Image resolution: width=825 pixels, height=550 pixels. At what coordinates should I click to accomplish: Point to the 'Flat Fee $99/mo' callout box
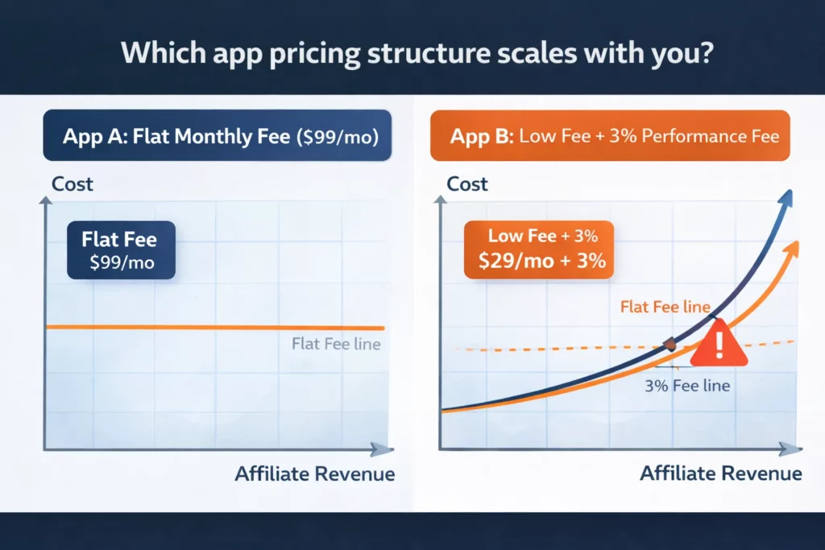pos(121,250)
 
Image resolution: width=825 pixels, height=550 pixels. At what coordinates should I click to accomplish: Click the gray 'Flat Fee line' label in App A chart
pos(335,345)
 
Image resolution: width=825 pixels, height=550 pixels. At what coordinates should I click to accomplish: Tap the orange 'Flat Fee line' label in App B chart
pos(665,307)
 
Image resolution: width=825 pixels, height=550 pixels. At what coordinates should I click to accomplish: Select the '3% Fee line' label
pos(687,385)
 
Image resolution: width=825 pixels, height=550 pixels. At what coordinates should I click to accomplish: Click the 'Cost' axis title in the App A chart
pos(73,184)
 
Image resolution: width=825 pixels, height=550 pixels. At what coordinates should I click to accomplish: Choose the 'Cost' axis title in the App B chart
pos(467,184)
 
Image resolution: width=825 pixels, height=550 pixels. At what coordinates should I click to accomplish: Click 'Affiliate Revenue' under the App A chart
pos(315,473)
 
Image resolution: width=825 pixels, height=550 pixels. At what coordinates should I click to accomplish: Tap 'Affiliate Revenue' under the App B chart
pos(721,473)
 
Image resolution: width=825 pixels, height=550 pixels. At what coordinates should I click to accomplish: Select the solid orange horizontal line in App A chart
pos(201,327)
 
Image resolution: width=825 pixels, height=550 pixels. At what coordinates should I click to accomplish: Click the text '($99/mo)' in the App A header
pos(335,135)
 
